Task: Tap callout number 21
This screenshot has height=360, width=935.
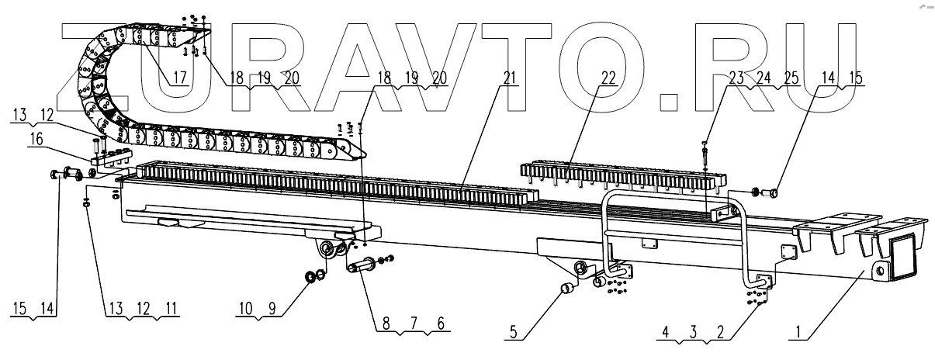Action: [509, 78]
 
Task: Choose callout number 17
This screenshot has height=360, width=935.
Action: [180, 78]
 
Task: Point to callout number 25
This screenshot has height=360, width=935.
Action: [791, 78]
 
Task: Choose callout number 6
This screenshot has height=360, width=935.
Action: [440, 327]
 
